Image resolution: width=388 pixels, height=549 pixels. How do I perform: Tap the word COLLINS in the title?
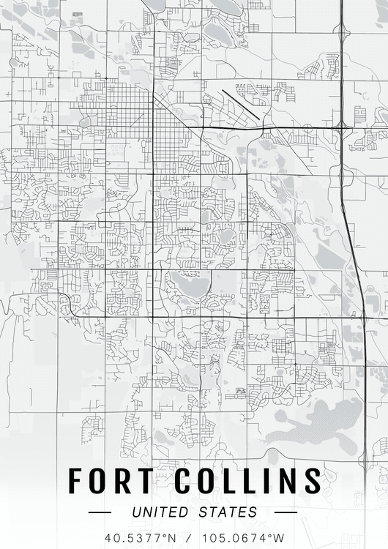click(247, 481)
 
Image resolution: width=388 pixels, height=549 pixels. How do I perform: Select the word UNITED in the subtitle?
click(157, 512)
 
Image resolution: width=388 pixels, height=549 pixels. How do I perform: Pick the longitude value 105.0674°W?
click(245, 537)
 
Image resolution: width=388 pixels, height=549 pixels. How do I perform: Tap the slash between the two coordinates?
click(189, 537)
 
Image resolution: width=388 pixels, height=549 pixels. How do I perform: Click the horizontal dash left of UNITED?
click(100, 512)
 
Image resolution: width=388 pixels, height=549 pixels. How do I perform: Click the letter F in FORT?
click(77, 481)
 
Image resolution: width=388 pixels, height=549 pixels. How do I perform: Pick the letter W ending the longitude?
click(279, 537)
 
